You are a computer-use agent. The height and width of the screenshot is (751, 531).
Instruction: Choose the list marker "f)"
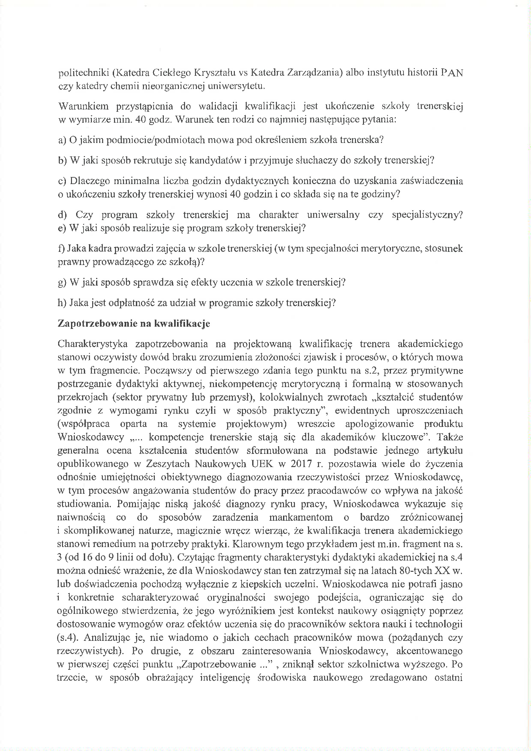(x=61, y=249)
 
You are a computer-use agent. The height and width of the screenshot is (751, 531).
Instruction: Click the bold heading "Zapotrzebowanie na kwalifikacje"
(x=134, y=323)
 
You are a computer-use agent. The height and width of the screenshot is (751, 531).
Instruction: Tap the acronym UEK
(x=263, y=464)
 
